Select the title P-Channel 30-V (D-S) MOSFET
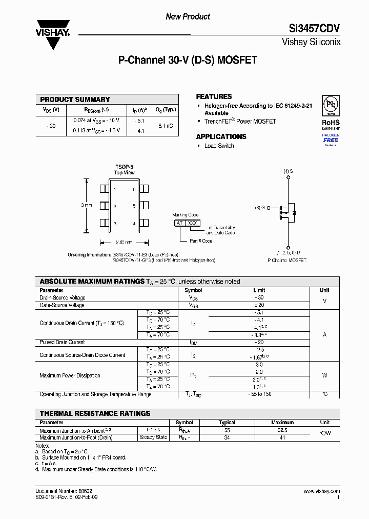point(188,60)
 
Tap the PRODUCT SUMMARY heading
point(75,99)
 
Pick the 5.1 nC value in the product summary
point(166,126)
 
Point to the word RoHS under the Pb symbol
point(331,123)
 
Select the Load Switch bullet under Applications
point(219,146)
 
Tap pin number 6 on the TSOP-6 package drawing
point(134,190)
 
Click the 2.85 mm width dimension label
point(124,242)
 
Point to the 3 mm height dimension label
point(87,205)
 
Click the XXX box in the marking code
point(192,223)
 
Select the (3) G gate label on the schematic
point(260,208)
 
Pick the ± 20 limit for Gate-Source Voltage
point(259,305)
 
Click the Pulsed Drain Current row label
point(62,342)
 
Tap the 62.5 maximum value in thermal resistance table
point(282,430)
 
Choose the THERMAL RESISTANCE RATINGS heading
point(95,413)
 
